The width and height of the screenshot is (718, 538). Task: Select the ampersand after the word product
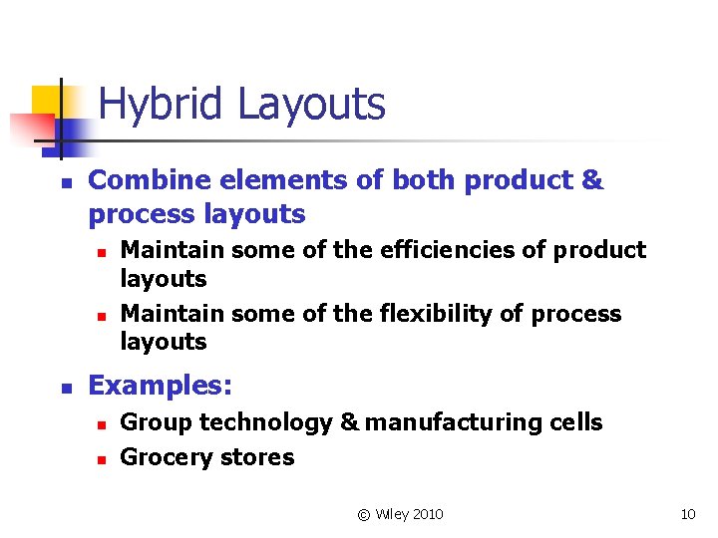(x=590, y=180)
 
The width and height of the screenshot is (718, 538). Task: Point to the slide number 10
(x=687, y=514)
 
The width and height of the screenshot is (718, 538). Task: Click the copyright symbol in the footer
(x=363, y=514)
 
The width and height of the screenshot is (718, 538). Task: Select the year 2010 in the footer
(x=426, y=514)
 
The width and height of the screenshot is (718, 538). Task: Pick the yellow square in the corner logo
(x=46, y=100)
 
